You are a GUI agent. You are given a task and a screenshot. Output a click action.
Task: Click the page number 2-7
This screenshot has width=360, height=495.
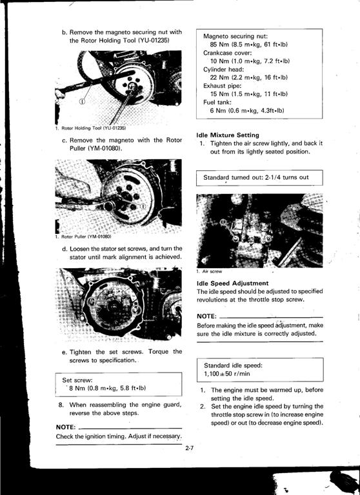(x=189, y=448)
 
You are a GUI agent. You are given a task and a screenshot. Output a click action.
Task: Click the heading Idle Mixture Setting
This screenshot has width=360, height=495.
(x=228, y=135)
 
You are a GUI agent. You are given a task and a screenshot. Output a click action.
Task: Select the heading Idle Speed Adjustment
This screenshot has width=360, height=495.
(x=232, y=283)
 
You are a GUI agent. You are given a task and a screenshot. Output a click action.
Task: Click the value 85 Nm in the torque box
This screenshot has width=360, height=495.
(x=219, y=44)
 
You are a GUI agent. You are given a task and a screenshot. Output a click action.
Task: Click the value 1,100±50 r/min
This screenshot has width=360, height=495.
(x=227, y=374)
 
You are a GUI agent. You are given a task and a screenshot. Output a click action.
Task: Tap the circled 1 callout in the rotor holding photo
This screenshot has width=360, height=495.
(x=82, y=101)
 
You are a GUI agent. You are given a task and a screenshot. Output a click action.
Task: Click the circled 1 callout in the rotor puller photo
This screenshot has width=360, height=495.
(x=143, y=206)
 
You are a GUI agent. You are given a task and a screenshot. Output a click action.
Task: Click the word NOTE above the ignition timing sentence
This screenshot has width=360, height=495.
(x=66, y=427)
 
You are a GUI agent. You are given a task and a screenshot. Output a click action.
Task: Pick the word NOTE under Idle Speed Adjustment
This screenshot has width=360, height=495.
(x=206, y=316)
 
